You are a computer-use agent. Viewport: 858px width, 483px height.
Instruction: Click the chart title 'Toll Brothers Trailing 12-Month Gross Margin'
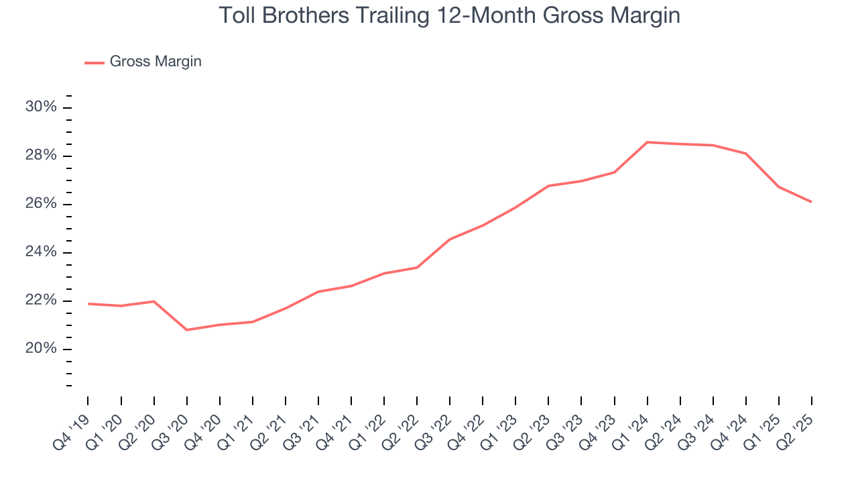click(x=449, y=15)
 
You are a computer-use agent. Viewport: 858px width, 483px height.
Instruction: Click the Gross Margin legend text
click(x=156, y=62)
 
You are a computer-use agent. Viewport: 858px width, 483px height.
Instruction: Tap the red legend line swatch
click(x=95, y=62)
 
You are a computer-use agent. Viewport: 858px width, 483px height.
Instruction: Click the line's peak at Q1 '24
click(x=648, y=142)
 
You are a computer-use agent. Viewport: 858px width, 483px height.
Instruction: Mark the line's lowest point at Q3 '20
click(x=186, y=330)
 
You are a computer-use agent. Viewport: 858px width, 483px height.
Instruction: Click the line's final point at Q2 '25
click(x=812, y=202)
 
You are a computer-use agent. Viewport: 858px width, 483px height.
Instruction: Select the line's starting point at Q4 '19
click(x=88, y=304)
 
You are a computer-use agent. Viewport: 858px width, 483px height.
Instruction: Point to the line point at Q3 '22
click(x=450, y=239)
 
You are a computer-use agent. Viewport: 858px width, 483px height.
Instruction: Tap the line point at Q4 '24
click(x=746, y=154)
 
